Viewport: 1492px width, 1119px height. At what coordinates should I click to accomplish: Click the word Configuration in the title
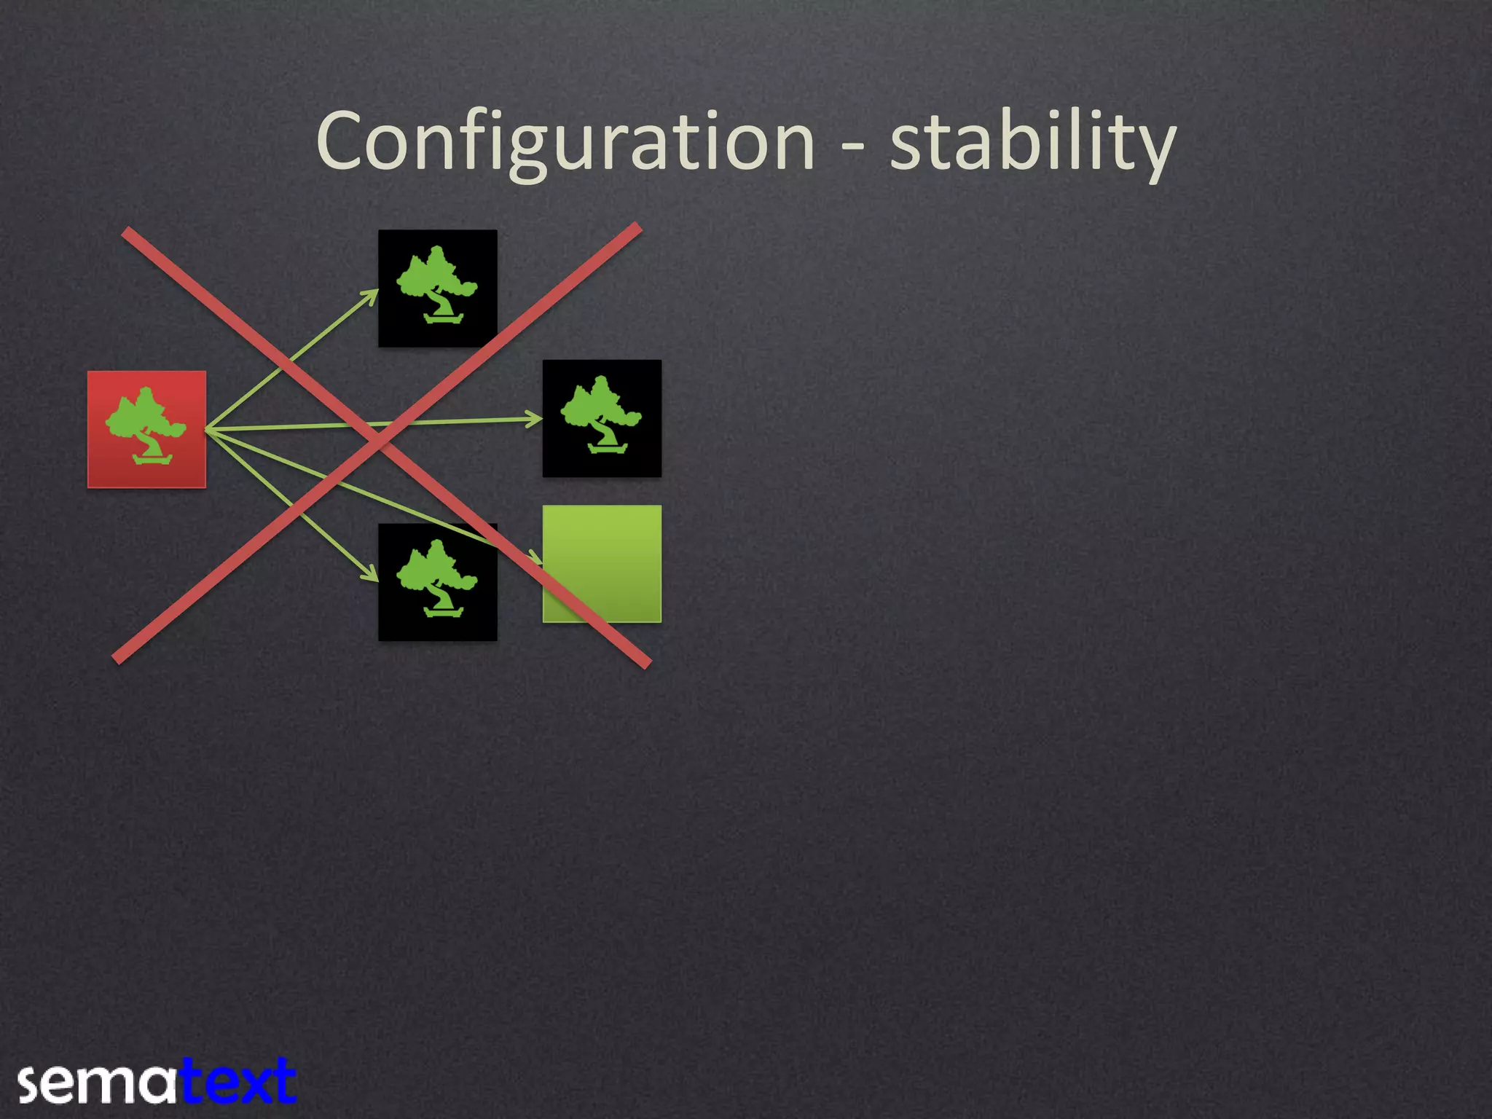coord(565,142)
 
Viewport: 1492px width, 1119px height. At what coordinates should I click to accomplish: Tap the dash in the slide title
coord(853,145)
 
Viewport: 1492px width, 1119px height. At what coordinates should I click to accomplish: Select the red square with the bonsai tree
coord(146,429)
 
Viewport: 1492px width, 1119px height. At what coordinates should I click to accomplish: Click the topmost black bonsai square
coord(437,288)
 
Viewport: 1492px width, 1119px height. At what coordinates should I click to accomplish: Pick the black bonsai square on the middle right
coord(602,418)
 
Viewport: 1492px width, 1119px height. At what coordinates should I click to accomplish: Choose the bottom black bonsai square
coord(437,582)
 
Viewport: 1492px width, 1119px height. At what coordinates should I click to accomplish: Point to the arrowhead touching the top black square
coord(372,294)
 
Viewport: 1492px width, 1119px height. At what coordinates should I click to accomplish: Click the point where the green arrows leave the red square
coord(207,430)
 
